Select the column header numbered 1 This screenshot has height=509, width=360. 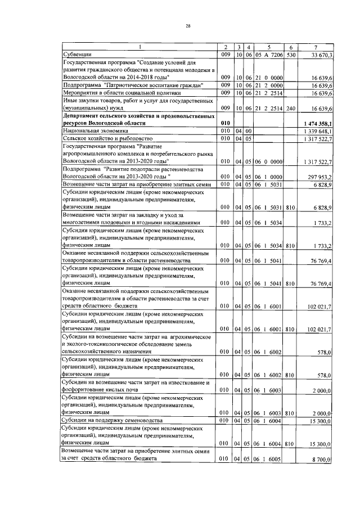pos(140,47)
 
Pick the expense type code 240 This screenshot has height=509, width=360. pos(290,107)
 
